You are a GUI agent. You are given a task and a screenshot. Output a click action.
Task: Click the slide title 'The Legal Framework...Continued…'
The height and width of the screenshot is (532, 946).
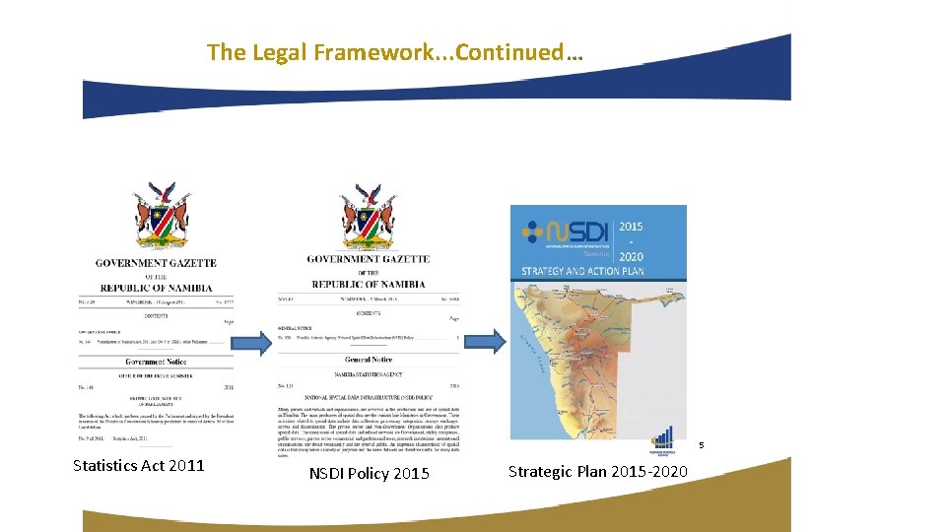(394, 52)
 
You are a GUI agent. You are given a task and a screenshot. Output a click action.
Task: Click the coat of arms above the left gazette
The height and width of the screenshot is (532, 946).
(161, 215)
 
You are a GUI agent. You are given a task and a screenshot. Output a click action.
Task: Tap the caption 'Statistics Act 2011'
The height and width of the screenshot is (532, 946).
(138, 465)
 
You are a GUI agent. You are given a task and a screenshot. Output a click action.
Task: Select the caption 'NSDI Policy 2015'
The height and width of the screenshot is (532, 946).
(369, 474)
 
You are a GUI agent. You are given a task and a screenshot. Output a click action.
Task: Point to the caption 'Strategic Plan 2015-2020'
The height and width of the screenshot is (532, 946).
(597, 472)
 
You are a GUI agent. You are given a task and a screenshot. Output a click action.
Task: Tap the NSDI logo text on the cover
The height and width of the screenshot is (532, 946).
(572, 233)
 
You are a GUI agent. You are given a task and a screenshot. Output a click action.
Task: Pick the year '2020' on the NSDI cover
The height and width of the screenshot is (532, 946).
(630, 256)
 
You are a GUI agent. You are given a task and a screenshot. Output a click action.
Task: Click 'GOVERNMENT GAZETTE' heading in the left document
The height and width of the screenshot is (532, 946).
(156, 263)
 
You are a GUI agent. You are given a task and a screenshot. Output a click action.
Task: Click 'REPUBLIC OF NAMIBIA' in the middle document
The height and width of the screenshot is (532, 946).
(368, 284)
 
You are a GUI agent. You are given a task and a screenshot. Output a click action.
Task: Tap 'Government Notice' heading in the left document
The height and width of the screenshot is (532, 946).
(155, 362)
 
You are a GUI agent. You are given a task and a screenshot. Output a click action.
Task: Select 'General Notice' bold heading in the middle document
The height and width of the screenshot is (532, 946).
(370, 360)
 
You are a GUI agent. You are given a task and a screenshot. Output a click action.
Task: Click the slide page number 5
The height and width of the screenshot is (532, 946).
(702, 446)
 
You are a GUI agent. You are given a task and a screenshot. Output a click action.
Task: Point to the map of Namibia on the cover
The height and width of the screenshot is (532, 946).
(591, 355)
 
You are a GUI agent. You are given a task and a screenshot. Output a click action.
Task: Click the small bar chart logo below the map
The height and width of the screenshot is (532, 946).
(663, 442)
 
